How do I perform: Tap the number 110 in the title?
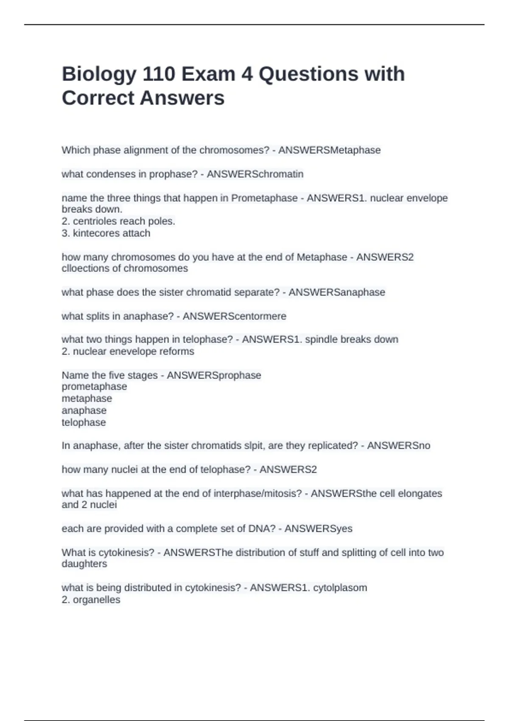coord(159,75)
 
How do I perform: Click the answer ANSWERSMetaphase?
coord(329,150)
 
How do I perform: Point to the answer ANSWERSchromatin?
coord(255,174)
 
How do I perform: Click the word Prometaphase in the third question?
coord(264,198)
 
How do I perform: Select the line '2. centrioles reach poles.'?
coord(118,221)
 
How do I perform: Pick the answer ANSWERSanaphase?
coord(337,292)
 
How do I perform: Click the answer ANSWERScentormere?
coord(234,316)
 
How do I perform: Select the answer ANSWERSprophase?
coord(214,375)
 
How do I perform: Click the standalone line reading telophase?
coord(84,422)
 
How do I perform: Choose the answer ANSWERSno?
coord(398,446)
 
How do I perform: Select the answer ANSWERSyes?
coord(318,529)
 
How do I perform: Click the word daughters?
coord(84,564)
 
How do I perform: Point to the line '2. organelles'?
coord(91,600)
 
